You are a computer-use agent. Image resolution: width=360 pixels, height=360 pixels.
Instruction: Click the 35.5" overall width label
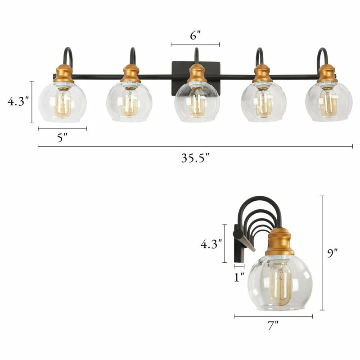pos(195,158)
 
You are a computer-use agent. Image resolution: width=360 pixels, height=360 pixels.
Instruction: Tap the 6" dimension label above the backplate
pos(195,35)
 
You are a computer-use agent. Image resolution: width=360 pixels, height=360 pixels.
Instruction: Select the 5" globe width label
pos(62,138)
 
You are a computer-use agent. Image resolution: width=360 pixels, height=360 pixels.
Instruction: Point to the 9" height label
pos(333,253)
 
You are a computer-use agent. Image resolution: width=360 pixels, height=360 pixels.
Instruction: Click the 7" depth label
pos(273,325)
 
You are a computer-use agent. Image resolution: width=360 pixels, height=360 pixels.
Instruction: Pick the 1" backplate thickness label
pos(239,277)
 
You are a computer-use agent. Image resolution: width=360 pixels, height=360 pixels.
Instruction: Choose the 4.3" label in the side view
pos(211,244)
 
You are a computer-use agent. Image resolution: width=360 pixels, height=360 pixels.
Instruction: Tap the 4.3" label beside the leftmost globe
pos(18,101)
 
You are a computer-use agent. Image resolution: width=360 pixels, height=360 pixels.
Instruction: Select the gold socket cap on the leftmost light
pos(64,74)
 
